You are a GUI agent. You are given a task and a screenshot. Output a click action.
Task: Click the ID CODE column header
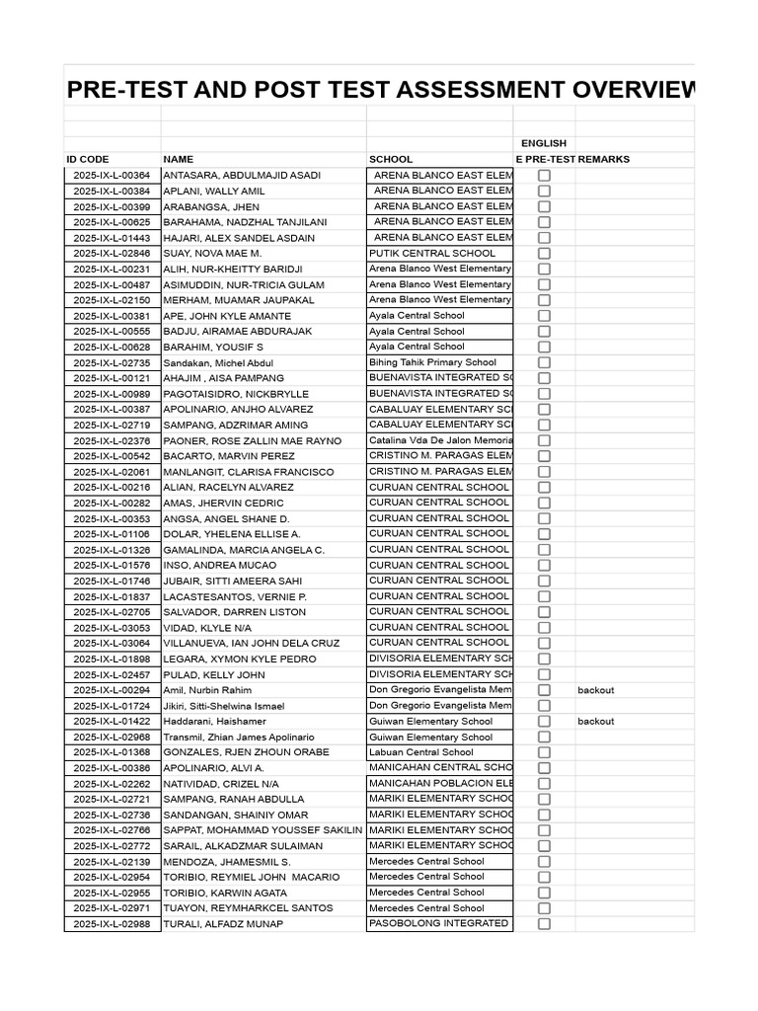pos(88,159)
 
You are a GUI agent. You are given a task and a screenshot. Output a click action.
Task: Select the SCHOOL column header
pos(391,159)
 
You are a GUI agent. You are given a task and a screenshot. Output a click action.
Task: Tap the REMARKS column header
pos(603,159)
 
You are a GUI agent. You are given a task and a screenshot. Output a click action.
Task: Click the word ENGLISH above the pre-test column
pos(544,143)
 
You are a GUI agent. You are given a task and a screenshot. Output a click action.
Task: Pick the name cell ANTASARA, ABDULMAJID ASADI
pos(242,175)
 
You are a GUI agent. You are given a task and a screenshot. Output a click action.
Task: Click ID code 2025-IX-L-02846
pos(112,253)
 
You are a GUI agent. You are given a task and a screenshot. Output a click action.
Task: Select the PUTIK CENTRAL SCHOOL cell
pos(432,253)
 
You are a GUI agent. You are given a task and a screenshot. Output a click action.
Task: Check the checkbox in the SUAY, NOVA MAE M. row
pos(544,254)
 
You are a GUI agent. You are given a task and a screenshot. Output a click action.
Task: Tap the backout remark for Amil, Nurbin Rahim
pos(595,690)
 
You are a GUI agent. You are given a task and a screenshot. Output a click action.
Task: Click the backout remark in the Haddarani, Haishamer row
pos(595,722)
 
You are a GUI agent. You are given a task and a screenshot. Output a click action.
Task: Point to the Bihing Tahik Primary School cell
pos(432,362)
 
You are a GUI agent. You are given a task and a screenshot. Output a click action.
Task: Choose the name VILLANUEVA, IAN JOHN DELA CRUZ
pos(251,643)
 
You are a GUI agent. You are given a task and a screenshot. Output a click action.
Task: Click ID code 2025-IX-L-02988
pos(112,924)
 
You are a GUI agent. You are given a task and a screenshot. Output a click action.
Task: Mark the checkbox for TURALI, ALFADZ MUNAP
pos(544,924)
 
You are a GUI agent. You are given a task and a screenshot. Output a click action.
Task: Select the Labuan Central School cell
pos(420,752)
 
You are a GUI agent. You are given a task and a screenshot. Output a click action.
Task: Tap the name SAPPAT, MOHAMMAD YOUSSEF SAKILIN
pos(263,830)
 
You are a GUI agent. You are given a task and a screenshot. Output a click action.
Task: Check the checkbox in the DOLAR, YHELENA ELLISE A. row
pos(544,534)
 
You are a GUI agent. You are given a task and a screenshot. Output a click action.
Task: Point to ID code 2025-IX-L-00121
pos(112,378)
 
